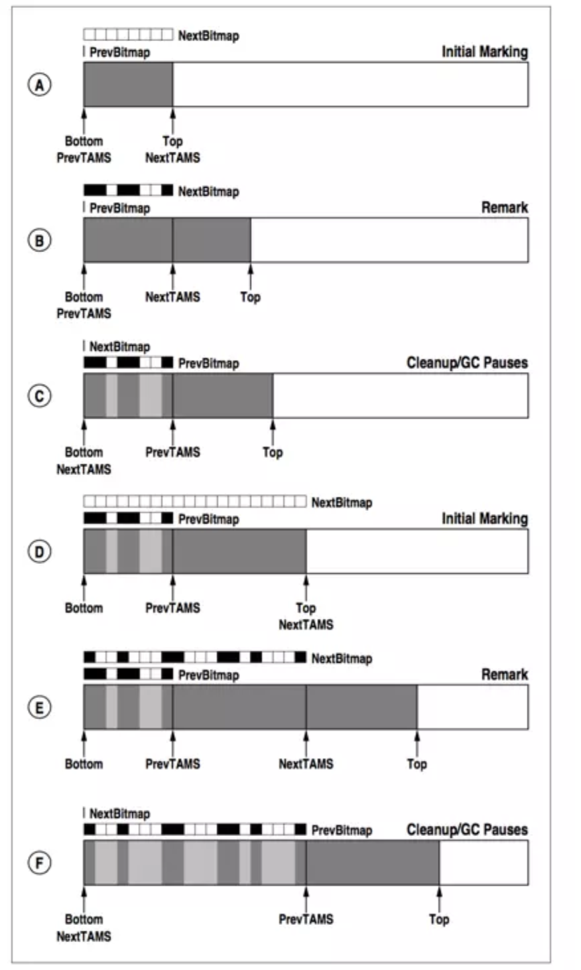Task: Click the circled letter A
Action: tap(39, 85)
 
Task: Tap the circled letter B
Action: tap(39, 240)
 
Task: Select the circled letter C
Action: tap(39, 395)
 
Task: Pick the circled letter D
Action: tap(39, 551)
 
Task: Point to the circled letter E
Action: tap(39, 707)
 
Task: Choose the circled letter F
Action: tap(39, 863)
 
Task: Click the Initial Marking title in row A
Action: tap(485, 52)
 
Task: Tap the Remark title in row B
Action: tap(505, 208)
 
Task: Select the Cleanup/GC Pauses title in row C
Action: tap(467, 363)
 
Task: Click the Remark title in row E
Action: tap(505, 675)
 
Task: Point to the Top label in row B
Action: tap(250, 297)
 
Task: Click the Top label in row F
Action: tap(439, 920)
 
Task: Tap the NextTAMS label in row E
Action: tap(306, 764)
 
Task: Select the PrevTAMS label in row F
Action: tap(306, 920)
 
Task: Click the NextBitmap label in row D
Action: tap(342, 503)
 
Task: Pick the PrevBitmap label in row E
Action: tap(208, 675)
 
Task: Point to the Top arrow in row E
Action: tap(417, 742)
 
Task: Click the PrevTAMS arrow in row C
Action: tap(172, 431)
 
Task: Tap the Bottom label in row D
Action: tap(84, 608)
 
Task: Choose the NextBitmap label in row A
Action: tap(208, 36)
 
